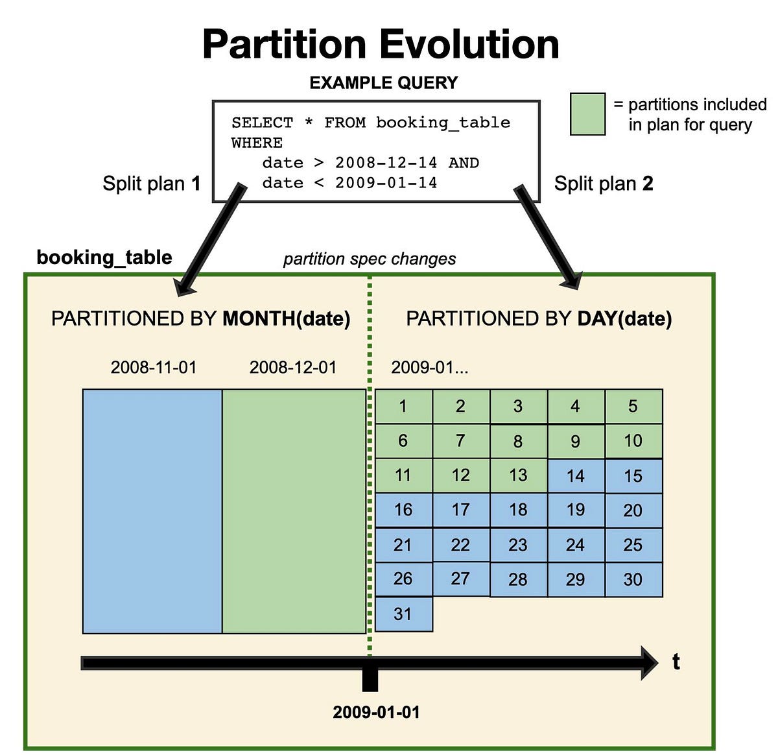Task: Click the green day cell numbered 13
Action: [518, 475]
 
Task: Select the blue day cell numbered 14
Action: [576, 476]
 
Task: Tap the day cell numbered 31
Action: [403, 614]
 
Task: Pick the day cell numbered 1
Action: [403, 407]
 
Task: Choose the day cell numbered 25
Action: [633, 545]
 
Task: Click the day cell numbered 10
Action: [633, 441]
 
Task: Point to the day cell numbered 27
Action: [460, 579]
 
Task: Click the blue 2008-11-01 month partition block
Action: [152, 511]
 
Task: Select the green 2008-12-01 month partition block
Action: [294, 511]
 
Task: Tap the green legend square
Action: [587, 114]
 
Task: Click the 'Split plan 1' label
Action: [151, 184]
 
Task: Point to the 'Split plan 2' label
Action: [603, 184]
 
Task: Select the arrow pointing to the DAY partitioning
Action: [548, 237]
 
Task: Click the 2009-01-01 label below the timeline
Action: [376, 712]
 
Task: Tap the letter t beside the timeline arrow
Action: [676, 662]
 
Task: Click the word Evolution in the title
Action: [469, 44]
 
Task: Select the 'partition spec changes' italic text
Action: [370, 259]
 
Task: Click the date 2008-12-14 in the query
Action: [386, 163]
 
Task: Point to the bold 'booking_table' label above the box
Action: [104, 258]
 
